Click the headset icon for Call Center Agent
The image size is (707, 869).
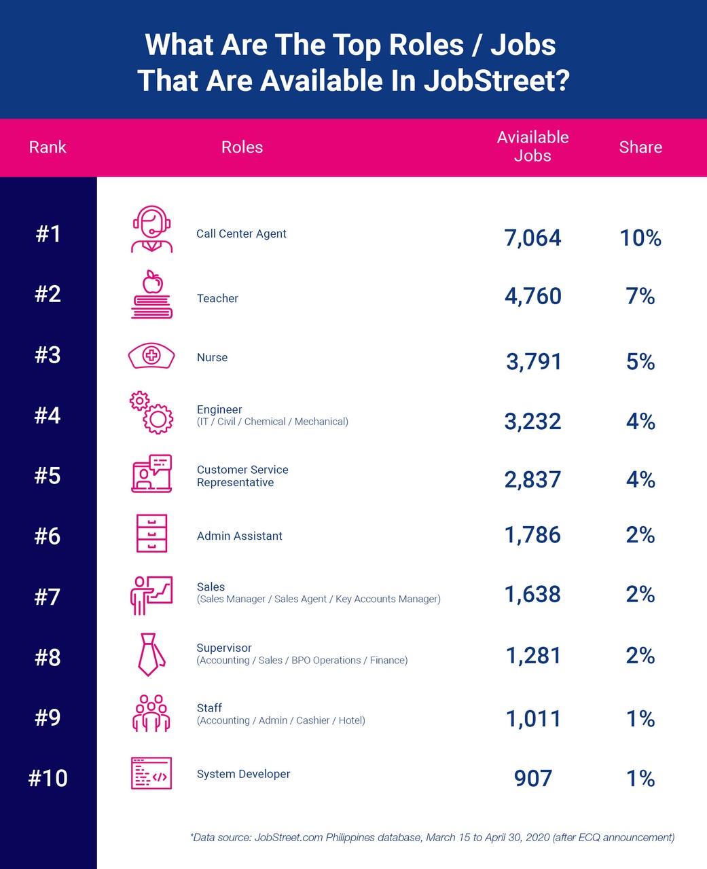pyautogui.click(x=151, y=229)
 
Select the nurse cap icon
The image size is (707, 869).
pyautogui.click(x=151, y=356)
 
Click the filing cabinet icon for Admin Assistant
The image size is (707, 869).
pyautogui.click(x=151, y=533)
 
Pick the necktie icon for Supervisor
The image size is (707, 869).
pyautogui.click(x=150, y=654)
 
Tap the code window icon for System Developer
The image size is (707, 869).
pyautogui.click(x=151, y=773)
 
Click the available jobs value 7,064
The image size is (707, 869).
pyautogui.click(x=532, y=238)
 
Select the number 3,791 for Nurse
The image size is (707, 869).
pyautogui.click(x=533, y=361)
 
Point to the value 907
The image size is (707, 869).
pyautogui.click(x=533, y=778)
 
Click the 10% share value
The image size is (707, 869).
pyautogui.click(x=640, y=238)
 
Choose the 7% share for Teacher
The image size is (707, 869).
pyautogui.click(x=640, y=297)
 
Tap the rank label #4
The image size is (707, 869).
pyautogui.click(x=48, y=415)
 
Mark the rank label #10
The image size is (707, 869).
pyautogui.click(x=48, y=777)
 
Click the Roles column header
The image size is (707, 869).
pyautogui.click(x=242, y=147)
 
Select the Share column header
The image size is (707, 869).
pyautogui.click(x=640, y=147)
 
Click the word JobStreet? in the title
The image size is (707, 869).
pyautogui.click(x=496, y=81)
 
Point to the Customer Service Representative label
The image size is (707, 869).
pyautogui.click(x=242, y=476)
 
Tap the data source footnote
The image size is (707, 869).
pyautogui.click(x=432, y=837)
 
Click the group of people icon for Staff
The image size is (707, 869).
pyautogui.click(x=151, y=713)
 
